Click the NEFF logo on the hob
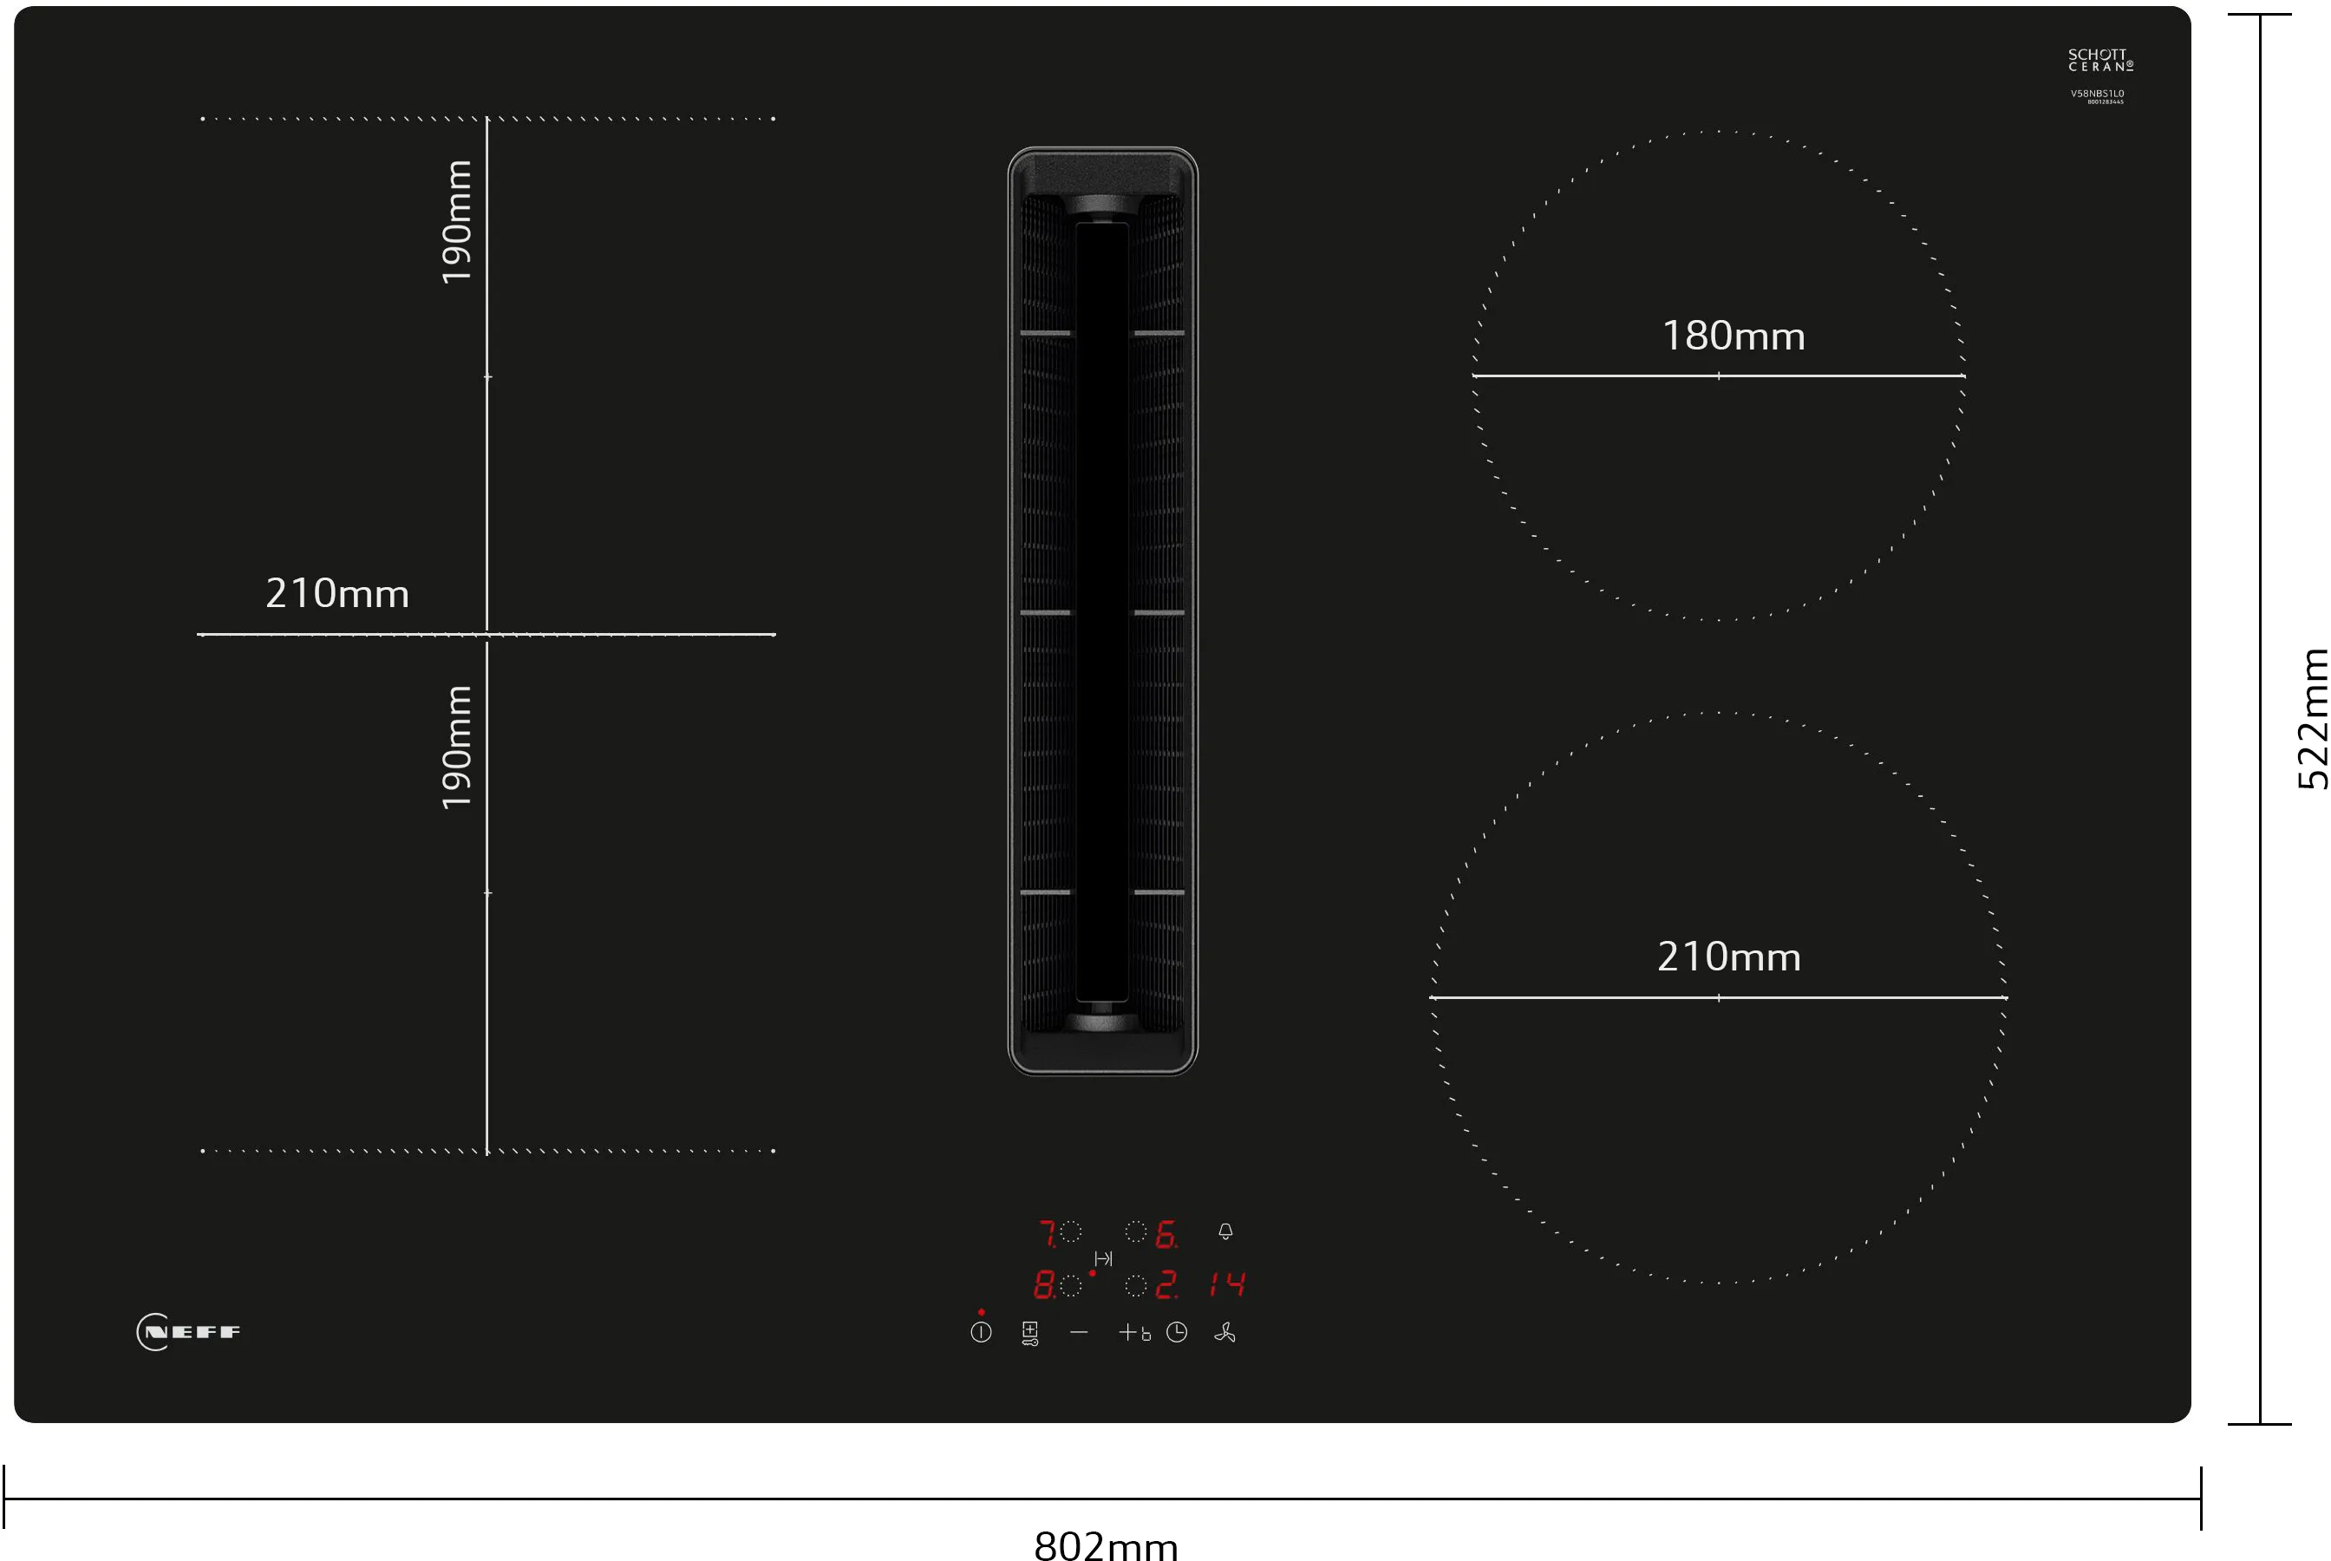coord(188,1332)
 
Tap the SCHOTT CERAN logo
coord(2100,60)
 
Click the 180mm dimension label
coord(1733,336)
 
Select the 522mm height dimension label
coord(2312,719)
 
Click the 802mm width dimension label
coord(1106,1544)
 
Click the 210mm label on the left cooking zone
coord(336,594)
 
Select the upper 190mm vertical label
coord(457,222)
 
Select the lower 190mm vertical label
coord(457,748)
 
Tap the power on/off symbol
coord(981,1332)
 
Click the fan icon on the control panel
coord(1224,1332)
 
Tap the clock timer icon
coord(1177,1332)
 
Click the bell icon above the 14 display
coord(1225,1231)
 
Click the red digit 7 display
coord(1047,1234)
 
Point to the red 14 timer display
coord(1227,1285)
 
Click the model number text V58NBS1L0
coord(2097,94)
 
